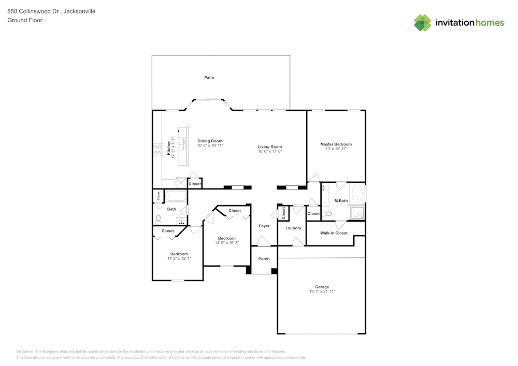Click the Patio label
(209, 78)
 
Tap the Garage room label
(322, 287)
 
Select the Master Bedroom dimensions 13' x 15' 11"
(336, 149)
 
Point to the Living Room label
(270, 147)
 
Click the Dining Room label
(210, 141)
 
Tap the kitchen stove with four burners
(157, 149)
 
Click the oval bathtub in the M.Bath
(357, 194)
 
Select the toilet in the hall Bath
(159, 219)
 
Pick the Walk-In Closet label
(334, 233)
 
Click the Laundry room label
(293, 228)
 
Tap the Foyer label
(264, 226)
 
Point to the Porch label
(264, 259)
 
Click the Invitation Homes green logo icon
(423, 23)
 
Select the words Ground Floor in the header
(25, 20)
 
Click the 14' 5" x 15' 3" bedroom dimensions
(227, 243)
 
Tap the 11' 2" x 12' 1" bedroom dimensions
(179, 258)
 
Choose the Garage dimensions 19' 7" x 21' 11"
(322, 291)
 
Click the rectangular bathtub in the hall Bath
(176, 196)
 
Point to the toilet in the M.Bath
(327, 213)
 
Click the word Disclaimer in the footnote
(25, 352)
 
